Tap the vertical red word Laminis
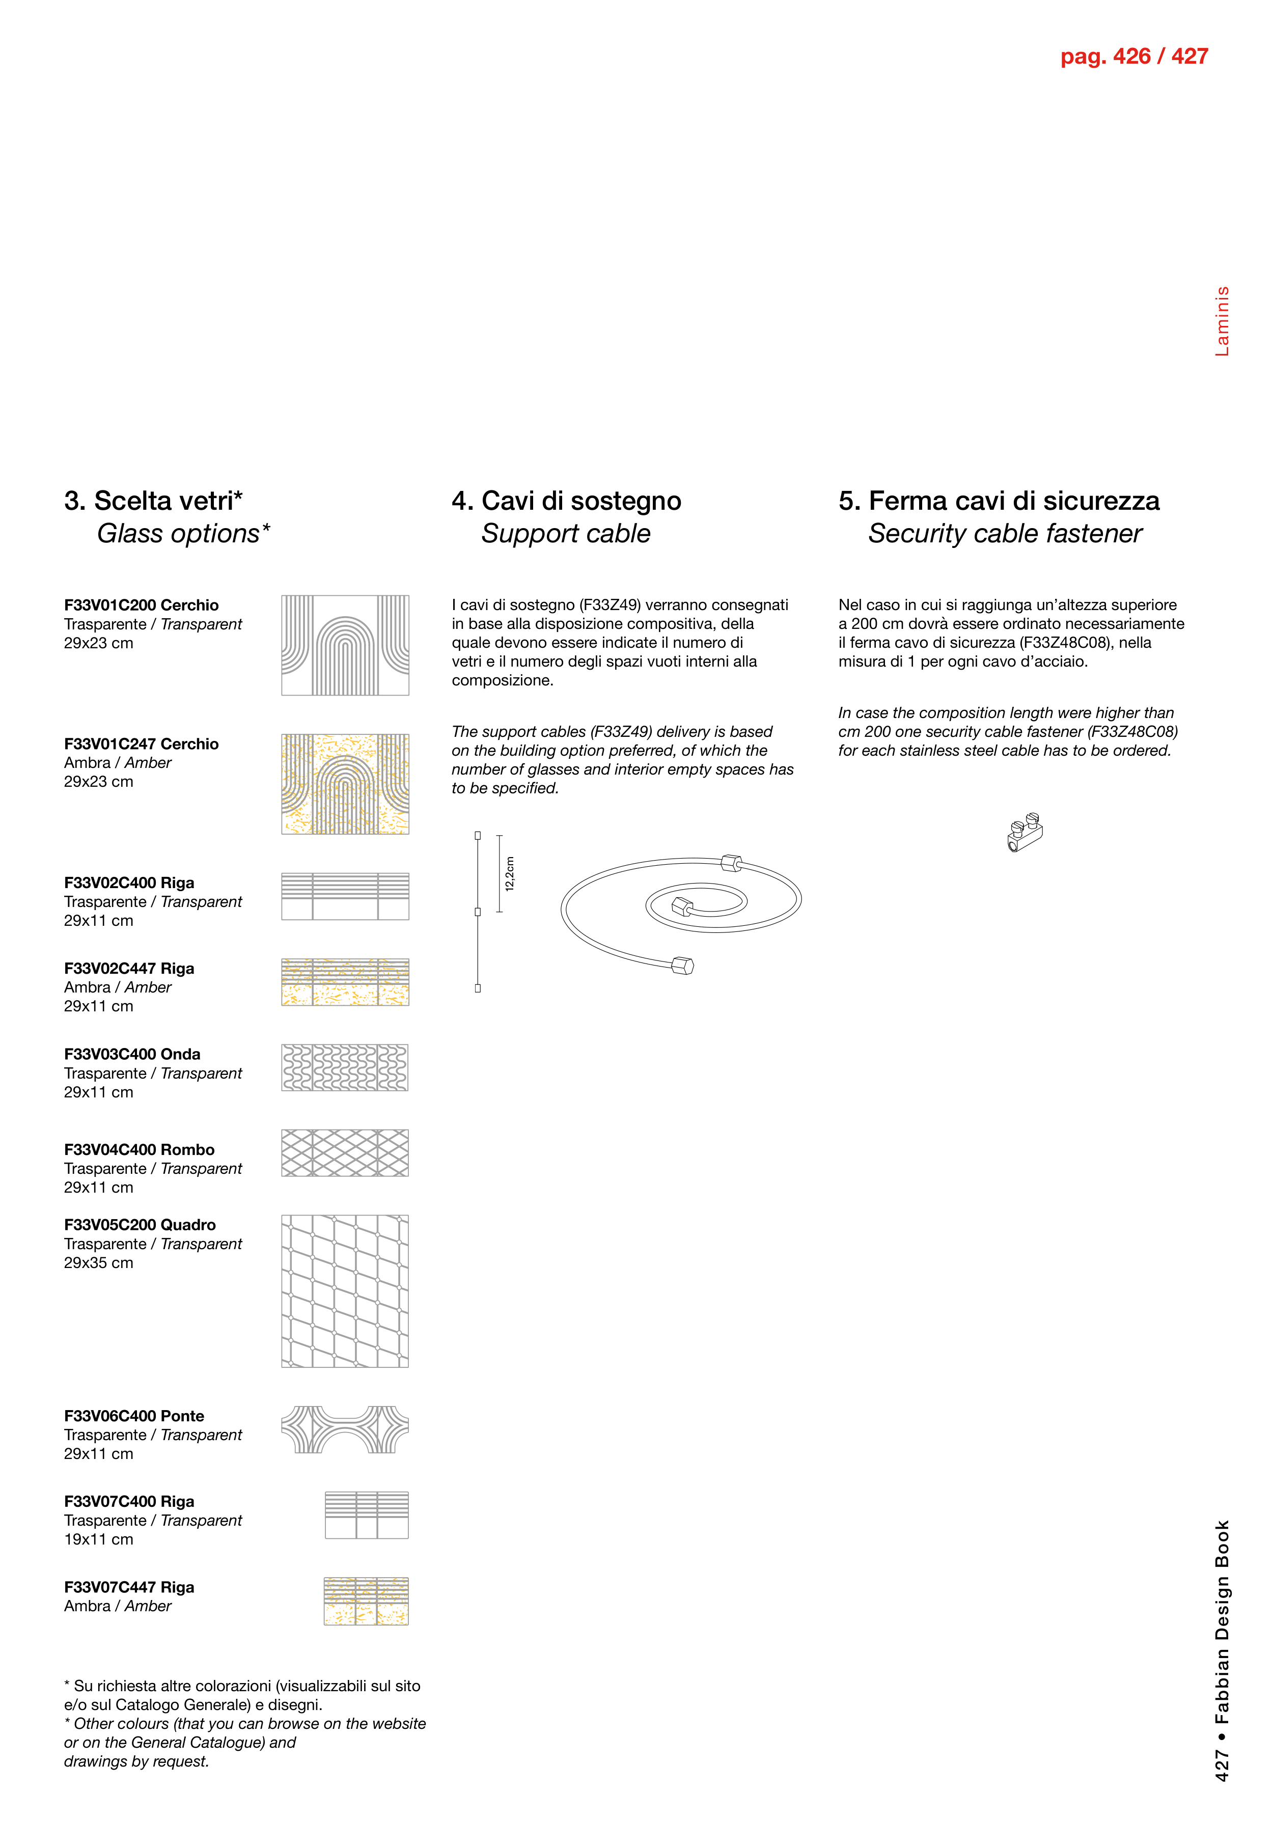(x=1222, y=321)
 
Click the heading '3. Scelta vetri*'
(x=153, y=501)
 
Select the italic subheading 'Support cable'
(x=566, y=534)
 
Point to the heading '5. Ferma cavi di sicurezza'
(x=999, y=501)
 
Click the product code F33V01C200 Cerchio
(x=141, y=605)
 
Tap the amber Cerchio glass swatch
(x=345, y=784)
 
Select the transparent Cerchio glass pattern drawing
(x=345, y=645)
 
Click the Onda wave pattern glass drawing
(x=345, y=1067)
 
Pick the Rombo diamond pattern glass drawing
(x=345, y=1153)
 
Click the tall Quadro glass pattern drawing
(x=345, y=1291)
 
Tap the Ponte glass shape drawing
(x=345, y=1429)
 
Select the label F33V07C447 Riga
(x=129, y=1587)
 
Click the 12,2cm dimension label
(x=510, y=873)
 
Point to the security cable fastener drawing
(x=1025, y=832)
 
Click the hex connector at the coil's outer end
(x=683, y=966)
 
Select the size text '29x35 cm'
(x=99, y=1263)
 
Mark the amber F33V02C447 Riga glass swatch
(x=345, y=982)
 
